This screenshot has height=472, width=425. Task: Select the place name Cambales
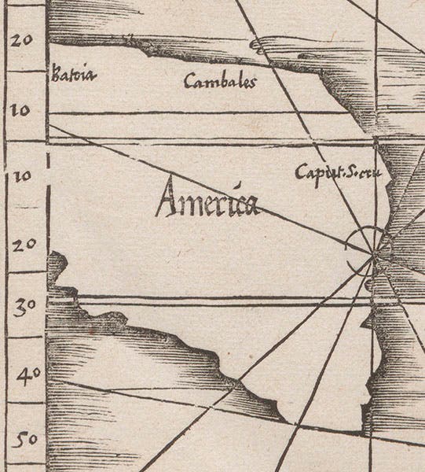point(220,81)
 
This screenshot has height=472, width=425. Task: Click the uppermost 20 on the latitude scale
point(21,40)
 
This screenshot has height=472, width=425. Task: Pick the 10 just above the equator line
point(21,110)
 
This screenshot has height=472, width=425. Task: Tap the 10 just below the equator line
point(21,175)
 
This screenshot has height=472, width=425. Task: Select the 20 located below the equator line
point(21,245)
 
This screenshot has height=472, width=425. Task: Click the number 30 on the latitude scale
point(21,307)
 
